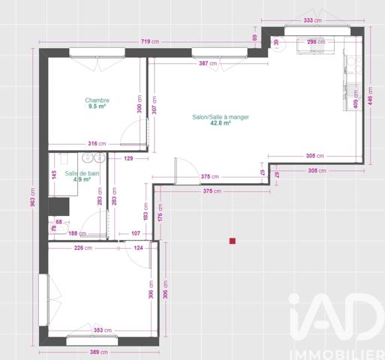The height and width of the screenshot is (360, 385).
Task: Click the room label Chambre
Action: pos(98,100)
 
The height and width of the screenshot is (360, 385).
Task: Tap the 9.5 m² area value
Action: pos(98,106)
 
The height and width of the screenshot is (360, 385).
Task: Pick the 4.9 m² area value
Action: pos(82,179)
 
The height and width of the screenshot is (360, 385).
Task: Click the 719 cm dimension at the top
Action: pos(150,41)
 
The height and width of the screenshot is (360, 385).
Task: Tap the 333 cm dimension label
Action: pos(313,21)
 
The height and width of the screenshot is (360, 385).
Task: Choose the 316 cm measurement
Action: pos(96,143)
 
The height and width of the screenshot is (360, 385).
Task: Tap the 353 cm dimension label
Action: pos(103,329)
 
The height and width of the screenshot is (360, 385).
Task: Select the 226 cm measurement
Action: pos(83,248)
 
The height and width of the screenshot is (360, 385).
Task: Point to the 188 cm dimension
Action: pos(78,233)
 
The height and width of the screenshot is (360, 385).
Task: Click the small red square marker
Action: pos(233,241)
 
